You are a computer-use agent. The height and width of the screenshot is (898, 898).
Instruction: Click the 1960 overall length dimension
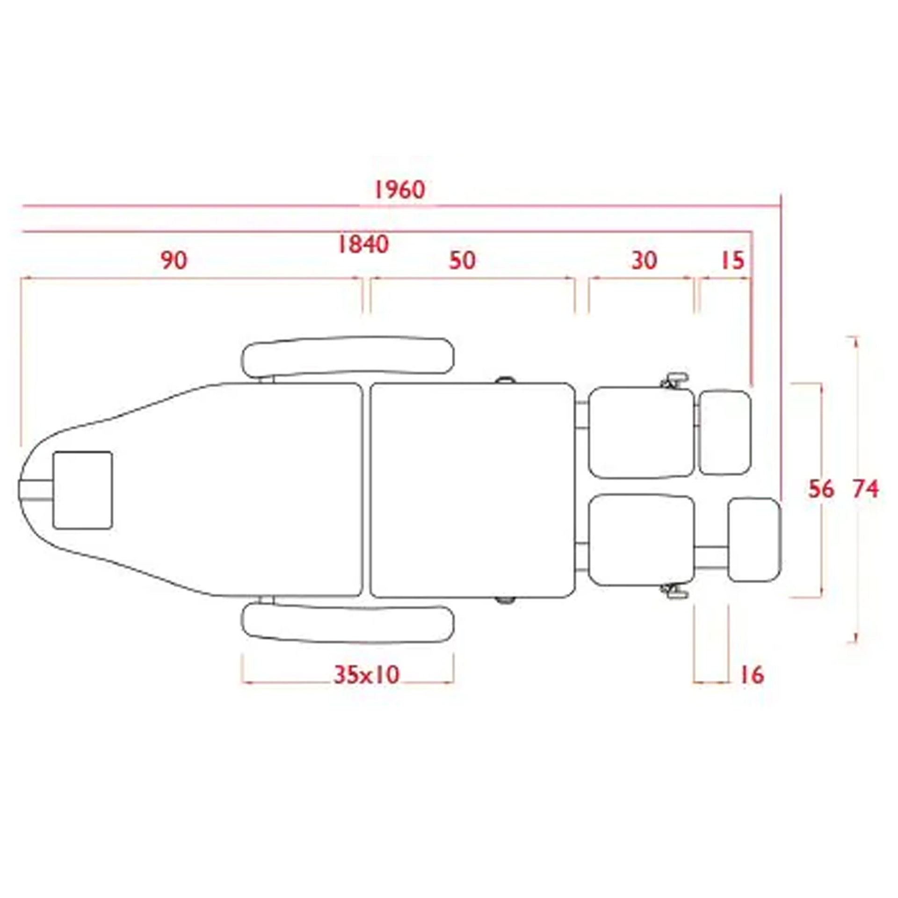[399, 190]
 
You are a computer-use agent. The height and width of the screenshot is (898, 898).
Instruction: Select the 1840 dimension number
[363, 245]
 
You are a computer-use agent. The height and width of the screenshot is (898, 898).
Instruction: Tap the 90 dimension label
[174, 261]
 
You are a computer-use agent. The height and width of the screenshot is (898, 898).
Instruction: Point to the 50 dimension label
[462, 261]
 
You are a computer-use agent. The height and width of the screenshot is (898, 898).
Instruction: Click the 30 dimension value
[644, 261]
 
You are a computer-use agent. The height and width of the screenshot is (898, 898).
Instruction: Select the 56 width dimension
[821, 489]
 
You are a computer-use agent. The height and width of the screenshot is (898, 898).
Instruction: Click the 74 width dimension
[865, 489]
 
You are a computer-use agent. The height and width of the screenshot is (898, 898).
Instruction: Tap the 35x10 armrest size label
[367, 674]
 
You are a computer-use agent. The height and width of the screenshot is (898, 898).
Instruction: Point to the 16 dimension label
[752, 674]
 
